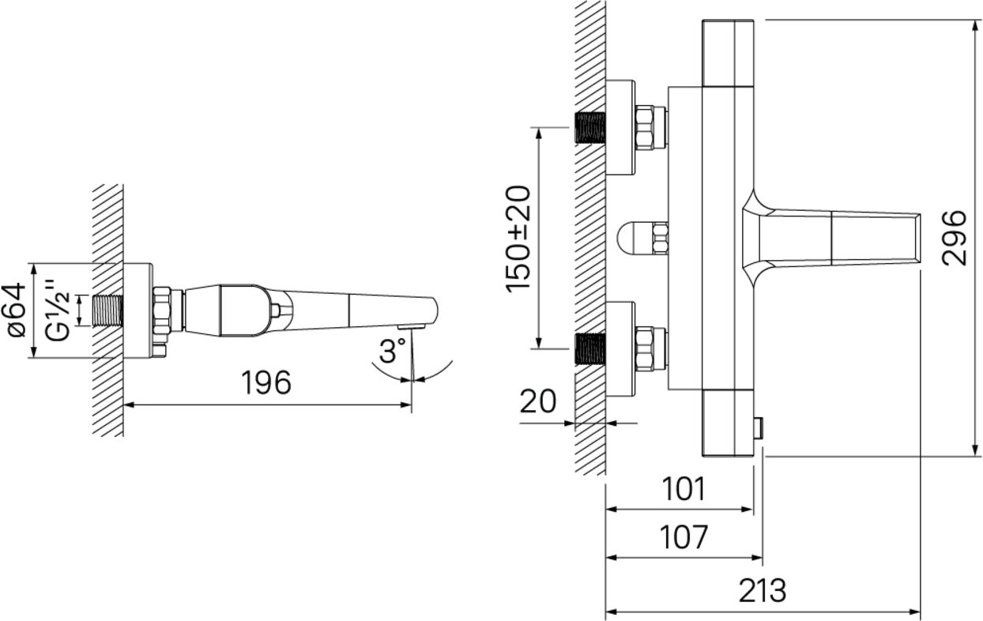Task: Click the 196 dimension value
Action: pos(266,382)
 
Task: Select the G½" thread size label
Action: pos(58,310)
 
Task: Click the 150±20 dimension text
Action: pos(518,239)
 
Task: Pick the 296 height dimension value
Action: pos(954,238)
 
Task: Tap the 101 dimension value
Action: pos(684,489)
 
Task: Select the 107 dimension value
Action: pos(684,536)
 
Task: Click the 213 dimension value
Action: pos(763,591)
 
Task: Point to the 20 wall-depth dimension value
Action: pos(537,401)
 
